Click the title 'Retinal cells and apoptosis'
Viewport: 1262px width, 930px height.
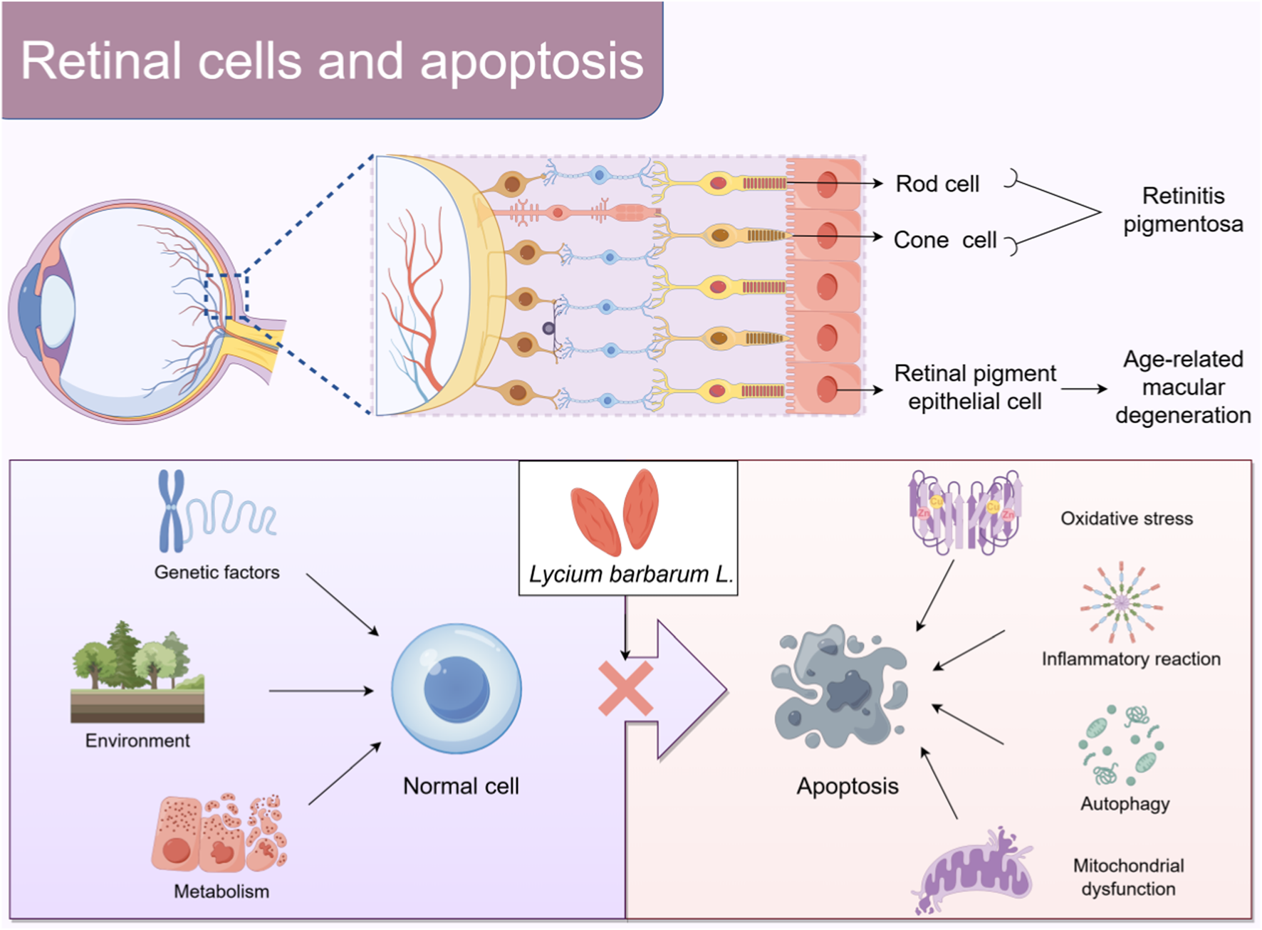click(332, 61)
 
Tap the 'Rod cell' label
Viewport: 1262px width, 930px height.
click(937, 184)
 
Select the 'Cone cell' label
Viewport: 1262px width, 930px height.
click(944, 240)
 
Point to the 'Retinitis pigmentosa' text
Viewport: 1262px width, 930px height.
click(1183, 210)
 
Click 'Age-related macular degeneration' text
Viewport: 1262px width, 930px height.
click(1183, 387)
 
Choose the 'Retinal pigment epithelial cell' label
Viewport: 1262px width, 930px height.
click(974, 387)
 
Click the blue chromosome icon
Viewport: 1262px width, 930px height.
click(171, 511)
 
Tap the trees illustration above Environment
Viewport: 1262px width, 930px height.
click(135, 659)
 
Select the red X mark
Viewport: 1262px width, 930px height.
click(625, 689)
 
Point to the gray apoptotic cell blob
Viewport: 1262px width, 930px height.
click(840, 687)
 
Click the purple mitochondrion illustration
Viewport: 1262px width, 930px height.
click(976, 872)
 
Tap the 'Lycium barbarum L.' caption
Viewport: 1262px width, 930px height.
click(630, 574)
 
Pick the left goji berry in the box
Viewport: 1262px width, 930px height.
click(595, 521)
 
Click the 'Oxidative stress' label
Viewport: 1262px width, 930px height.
click(1126, 518)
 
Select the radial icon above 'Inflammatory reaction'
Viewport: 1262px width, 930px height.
click(1121, 602)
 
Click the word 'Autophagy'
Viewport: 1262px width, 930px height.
click(1125, 804)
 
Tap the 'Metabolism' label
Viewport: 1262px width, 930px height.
click(221, 892)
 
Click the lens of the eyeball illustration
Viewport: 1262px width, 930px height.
click(57, 311)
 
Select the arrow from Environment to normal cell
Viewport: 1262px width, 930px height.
click(320, 691)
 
